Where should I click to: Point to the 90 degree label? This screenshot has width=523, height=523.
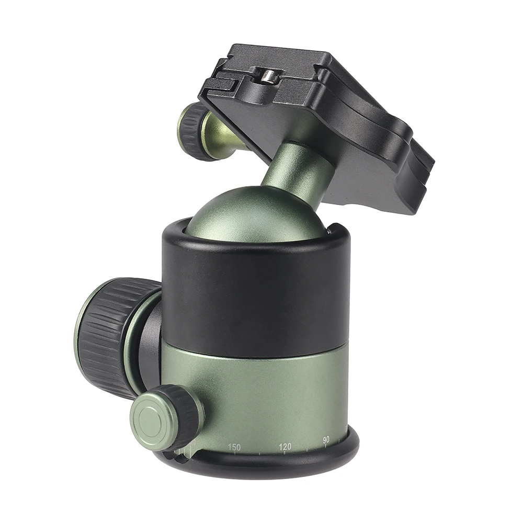tap(326, 440)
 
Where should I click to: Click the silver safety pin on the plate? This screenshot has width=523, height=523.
tap(268, 76)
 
